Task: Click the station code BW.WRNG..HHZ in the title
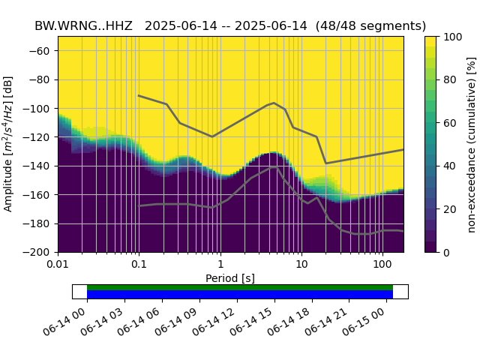click(x=85, y=25)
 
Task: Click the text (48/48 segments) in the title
click(x=370, y=25)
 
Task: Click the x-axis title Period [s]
click(x=230, y=278)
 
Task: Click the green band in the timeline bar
click(x=240, y=287)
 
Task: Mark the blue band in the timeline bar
click(x=240, y=295)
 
